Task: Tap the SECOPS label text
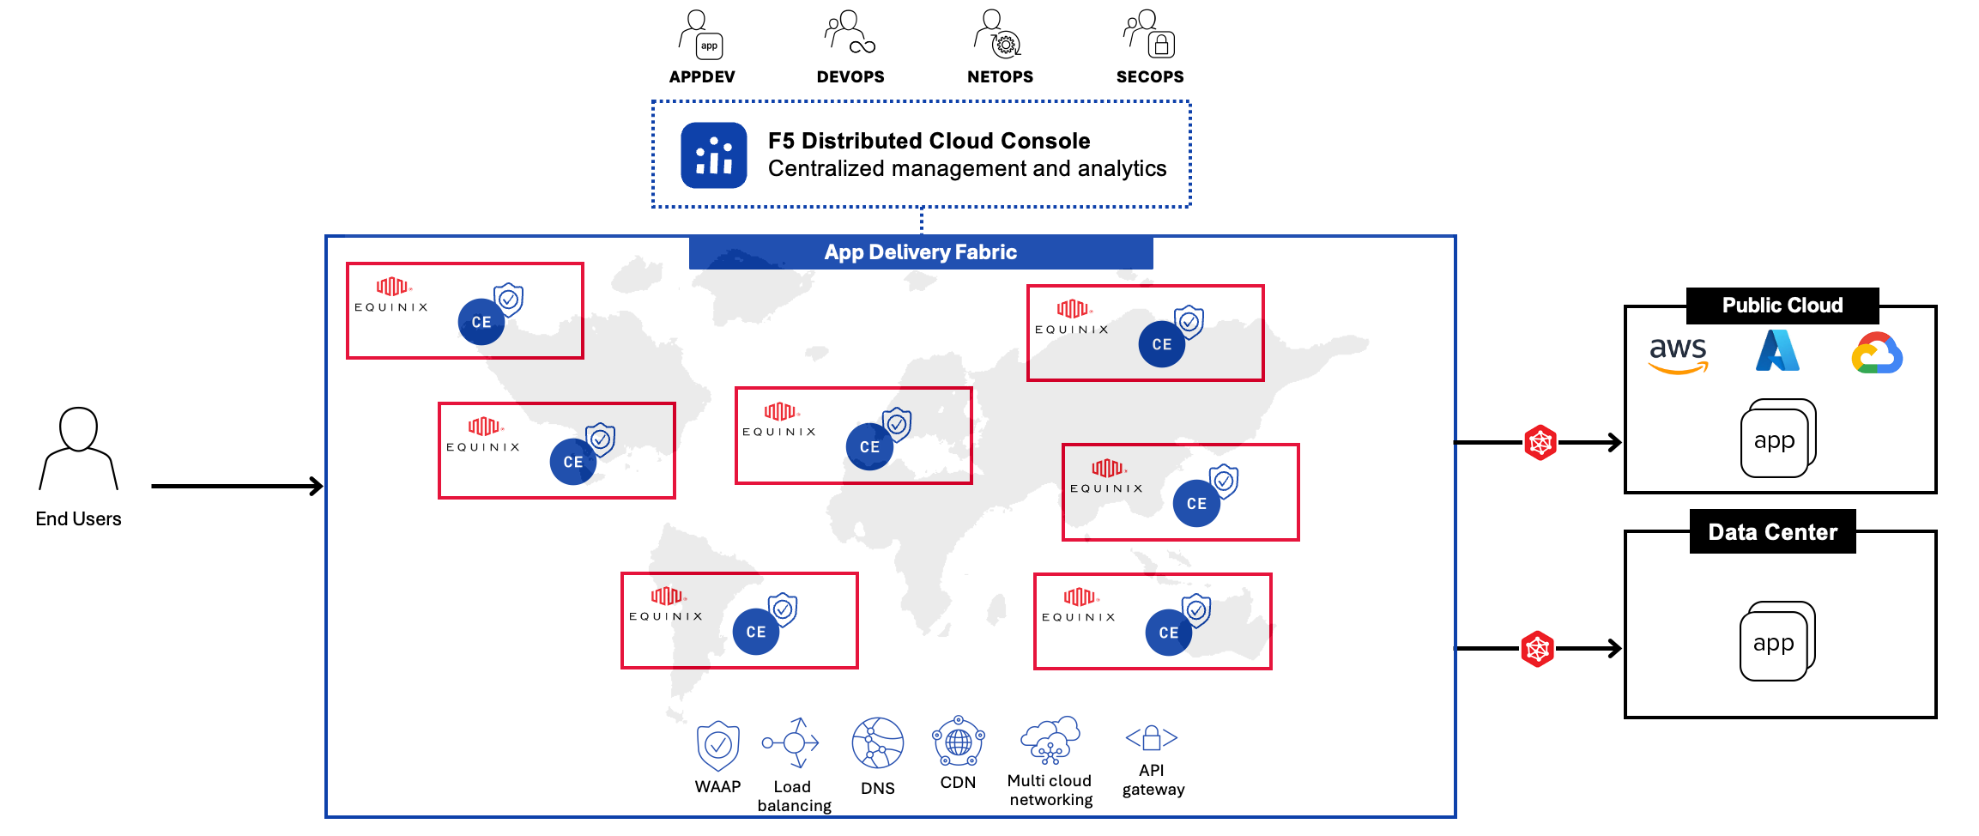[1149, 77]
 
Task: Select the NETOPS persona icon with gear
[997, 34]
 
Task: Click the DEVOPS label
[850, 77]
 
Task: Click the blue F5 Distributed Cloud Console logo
[713, 155]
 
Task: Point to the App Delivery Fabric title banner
[920, 252]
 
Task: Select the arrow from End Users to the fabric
[237, 487]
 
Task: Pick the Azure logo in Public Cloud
[1777, 352]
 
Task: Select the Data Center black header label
[1771, 532]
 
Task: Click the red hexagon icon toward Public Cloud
[1540, 443]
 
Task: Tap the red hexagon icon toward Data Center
[1537, 649]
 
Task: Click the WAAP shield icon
[717, 745]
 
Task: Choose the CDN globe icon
[958, 742]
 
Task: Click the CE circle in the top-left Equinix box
[481, 322]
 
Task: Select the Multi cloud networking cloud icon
[1050, 740]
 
